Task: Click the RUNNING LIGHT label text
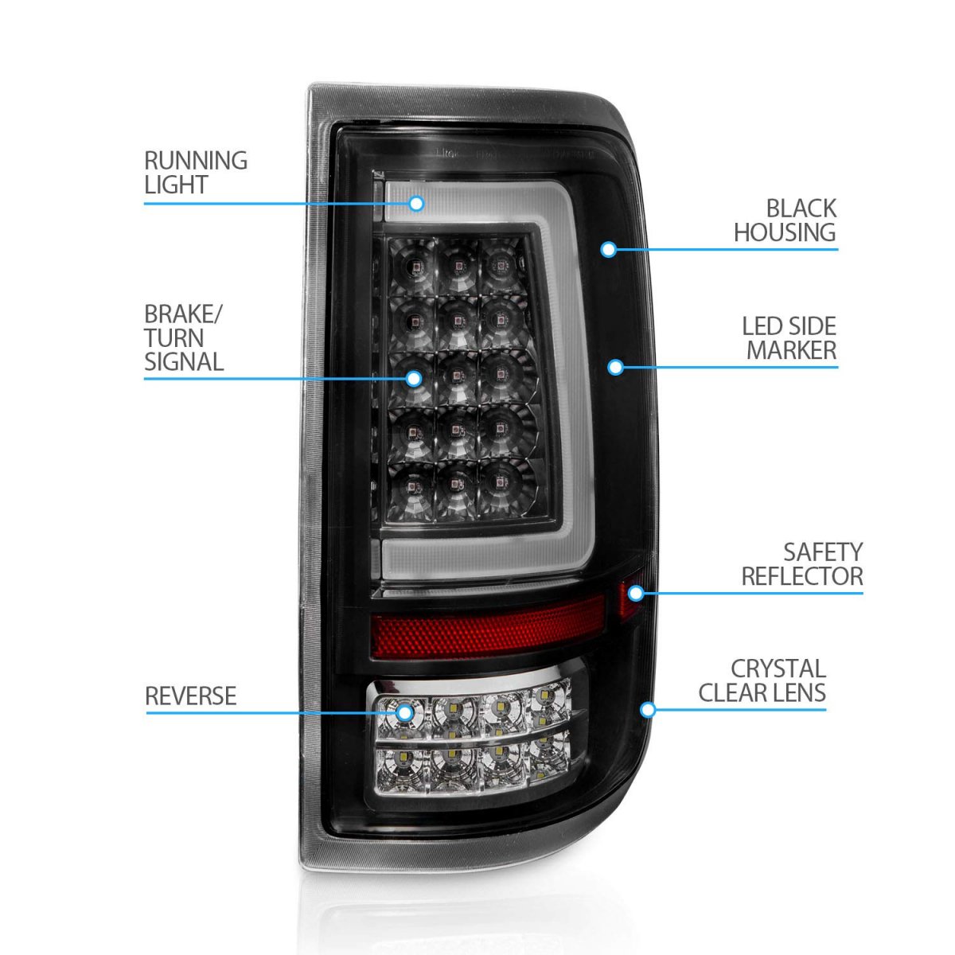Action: (x=196, y=173)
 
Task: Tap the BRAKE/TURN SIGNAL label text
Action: (x=184, y=338)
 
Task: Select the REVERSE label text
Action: (x=191, y=696)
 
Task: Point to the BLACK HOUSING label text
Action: (x=785, y=220)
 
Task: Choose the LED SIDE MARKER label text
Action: (x=790, y=338)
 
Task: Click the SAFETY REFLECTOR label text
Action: (x=802, y=564)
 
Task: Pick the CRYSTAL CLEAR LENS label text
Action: (x=762, y=680)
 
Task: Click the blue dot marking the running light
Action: (x=415, y=204)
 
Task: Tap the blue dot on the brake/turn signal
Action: (x=414, y=378)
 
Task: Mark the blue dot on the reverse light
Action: (x=405, y=712)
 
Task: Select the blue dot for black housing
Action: (x=609, y=249)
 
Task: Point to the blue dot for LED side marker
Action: (x=615, y=367)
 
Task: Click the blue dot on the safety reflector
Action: (x=636, y=593)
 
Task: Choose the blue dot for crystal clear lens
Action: (x=648, y=709)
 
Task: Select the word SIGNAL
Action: (x=184, y=362)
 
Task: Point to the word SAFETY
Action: (x=823, y=552)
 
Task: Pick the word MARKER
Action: (x=792, y=350)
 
